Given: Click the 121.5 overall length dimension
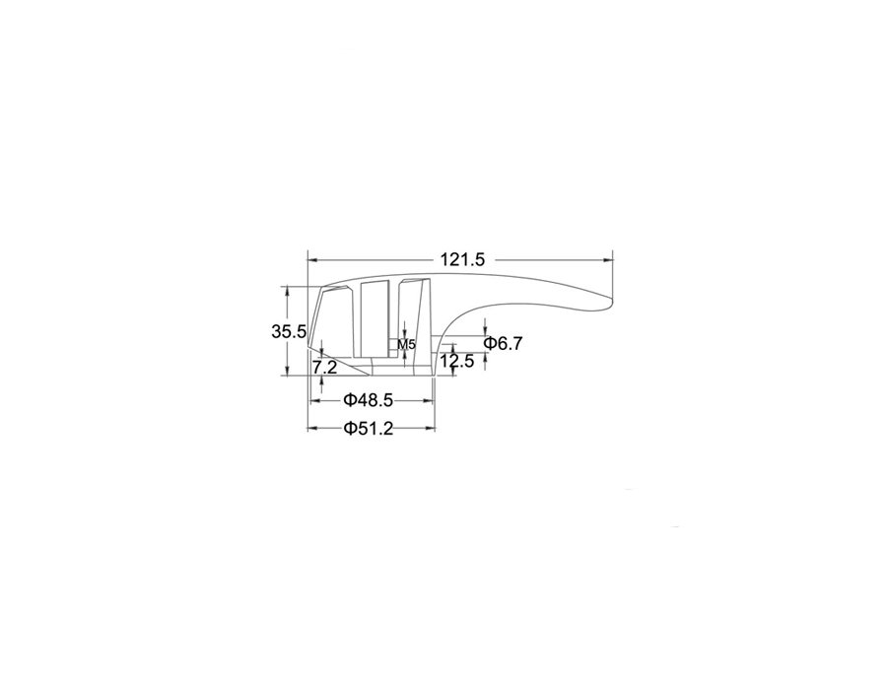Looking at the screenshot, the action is click(x=463, y=259).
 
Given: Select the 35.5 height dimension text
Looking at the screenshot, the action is click(x=289, y=331).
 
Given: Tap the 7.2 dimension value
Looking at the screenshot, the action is click(x=325, y=367).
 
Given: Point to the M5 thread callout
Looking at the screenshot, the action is click(x=406, y=344).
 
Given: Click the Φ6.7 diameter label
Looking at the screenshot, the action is click(x=503, y=343).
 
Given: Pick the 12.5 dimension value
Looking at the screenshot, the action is click(x=457, y=361).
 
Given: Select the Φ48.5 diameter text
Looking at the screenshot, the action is click(x=368, y=400).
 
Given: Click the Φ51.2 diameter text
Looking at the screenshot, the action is click(x=368, y=428).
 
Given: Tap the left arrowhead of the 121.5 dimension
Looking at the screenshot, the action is click(x=311, y=260).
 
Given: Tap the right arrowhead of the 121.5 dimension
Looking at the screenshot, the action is click(x=609, y=260).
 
